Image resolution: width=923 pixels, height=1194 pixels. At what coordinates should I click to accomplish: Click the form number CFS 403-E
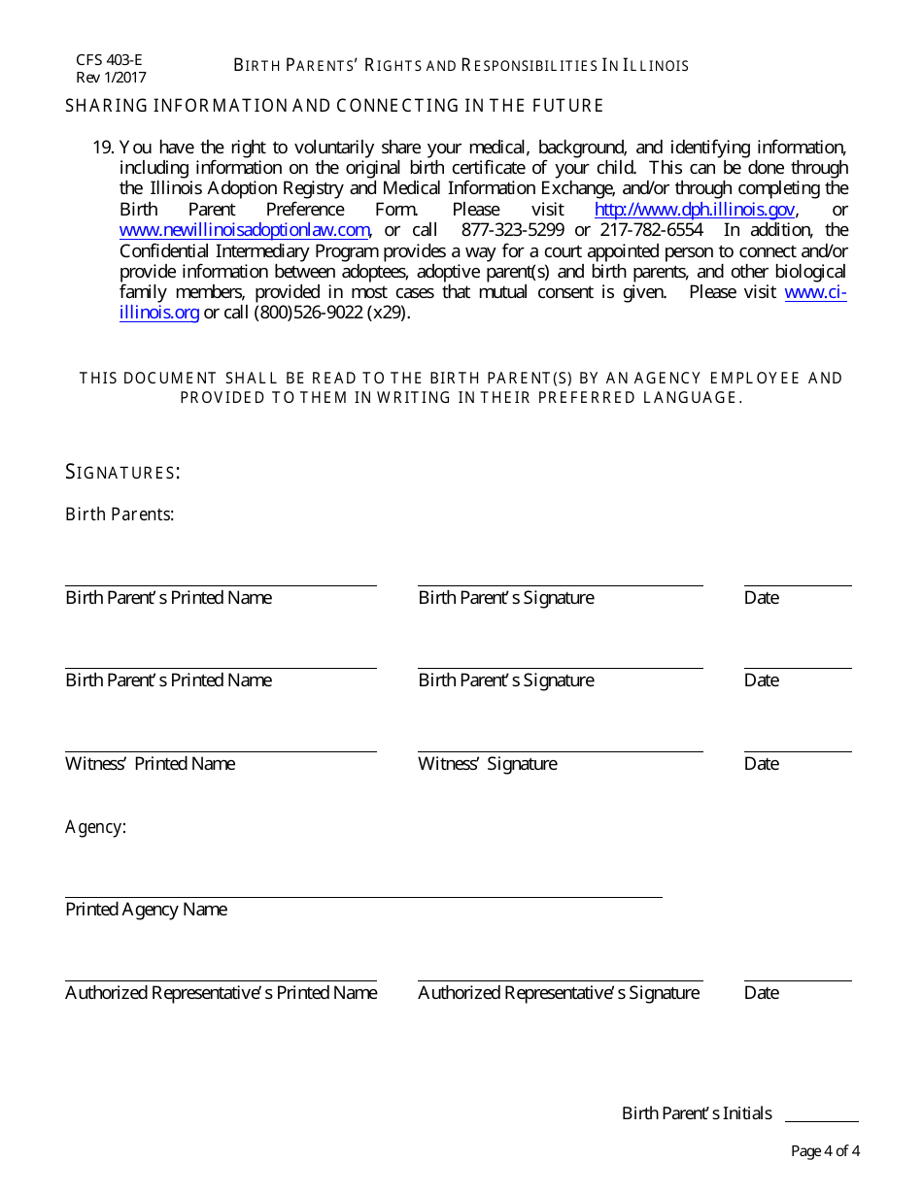(109, 59)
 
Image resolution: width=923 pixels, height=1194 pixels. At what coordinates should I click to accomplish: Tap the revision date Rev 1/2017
(111, 78)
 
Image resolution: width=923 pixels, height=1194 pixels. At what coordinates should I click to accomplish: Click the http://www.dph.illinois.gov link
(696, 210)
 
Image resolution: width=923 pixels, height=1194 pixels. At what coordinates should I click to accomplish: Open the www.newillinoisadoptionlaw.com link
(245, 230)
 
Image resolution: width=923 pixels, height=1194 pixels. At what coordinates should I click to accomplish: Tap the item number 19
(104, 148)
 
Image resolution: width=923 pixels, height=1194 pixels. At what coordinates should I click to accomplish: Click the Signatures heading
(122, 473)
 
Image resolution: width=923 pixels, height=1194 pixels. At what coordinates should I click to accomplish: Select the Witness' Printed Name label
(150, 764)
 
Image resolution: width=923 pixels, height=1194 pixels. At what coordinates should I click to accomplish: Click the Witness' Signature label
(488, 764)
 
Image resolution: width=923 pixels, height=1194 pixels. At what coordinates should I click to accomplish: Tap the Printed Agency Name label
(146, 910)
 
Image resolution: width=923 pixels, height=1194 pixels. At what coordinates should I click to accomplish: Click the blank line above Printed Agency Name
(363, 897)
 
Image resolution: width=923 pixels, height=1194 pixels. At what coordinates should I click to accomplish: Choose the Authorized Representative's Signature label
(559, 993)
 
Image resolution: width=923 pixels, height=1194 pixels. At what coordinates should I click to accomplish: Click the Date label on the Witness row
(761, 764)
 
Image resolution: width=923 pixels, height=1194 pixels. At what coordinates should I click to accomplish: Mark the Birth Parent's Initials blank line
(821, 1121)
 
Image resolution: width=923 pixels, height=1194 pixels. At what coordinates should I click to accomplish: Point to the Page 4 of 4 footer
(825, 1152)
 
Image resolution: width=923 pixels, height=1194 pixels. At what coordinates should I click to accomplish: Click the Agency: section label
(95, 827)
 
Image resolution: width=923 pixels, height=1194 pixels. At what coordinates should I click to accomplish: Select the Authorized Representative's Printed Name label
(221, 993)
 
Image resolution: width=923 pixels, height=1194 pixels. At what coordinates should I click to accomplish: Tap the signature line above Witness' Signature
(561, 750)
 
